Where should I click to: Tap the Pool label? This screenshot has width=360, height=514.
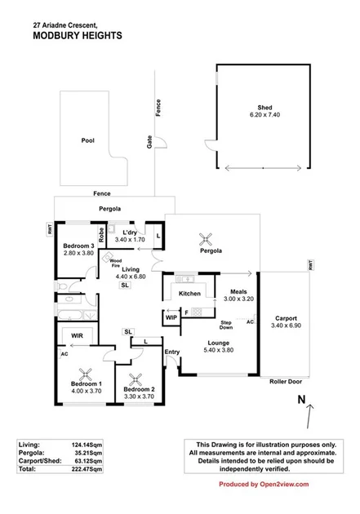coord(87,140)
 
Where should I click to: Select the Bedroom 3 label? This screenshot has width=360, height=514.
coord(79,246)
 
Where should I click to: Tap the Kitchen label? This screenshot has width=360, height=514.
coord(189,293)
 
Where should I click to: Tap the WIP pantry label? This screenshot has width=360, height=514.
coord(171,317)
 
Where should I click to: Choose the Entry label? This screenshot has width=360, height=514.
coord(171,352)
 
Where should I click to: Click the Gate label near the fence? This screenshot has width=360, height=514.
coord(149,141)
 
